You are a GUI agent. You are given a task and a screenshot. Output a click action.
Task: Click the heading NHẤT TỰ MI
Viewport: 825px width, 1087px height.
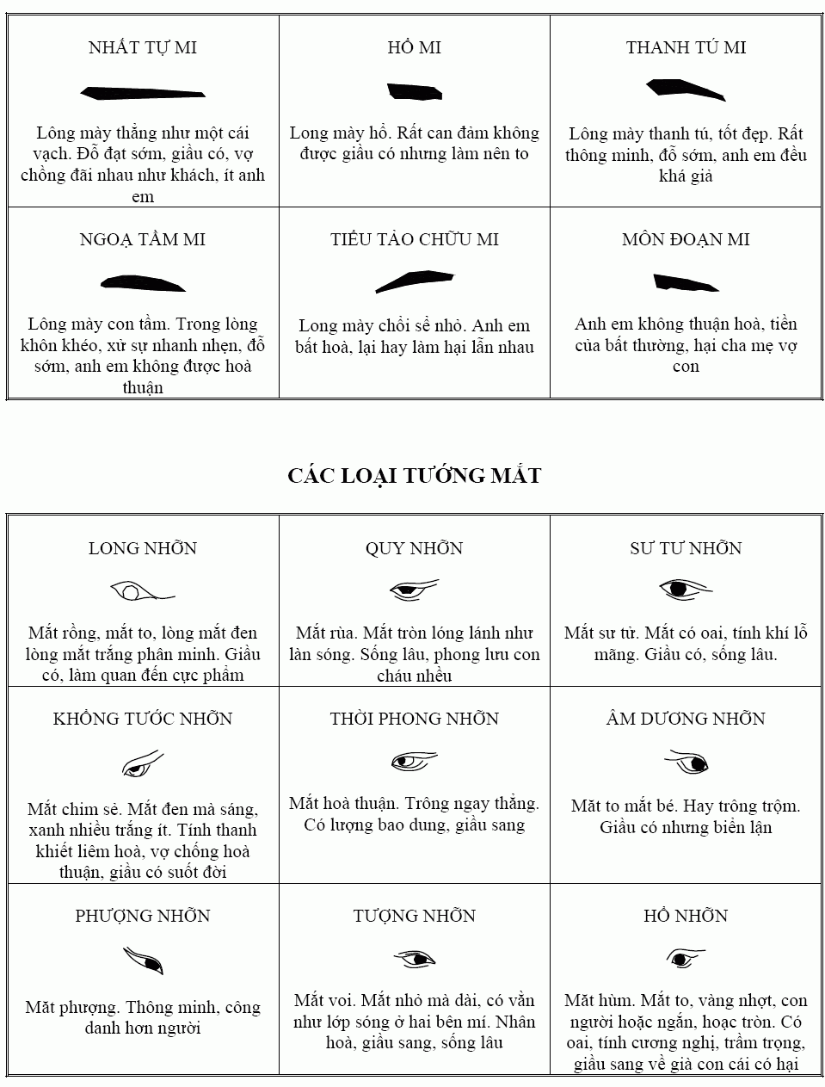pos(143,48)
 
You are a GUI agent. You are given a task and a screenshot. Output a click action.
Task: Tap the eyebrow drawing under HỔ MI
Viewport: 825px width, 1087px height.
pos(414,91)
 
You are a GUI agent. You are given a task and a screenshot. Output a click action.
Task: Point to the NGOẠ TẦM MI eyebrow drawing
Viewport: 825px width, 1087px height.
pos(143,283)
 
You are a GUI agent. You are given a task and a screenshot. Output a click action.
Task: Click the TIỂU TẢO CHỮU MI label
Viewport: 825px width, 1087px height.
pos(414,240)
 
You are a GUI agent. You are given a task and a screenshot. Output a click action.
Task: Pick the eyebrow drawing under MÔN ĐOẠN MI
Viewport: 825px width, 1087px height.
pos(685,282)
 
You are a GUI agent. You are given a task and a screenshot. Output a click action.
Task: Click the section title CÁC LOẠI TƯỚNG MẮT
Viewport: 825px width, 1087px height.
pos(414,476)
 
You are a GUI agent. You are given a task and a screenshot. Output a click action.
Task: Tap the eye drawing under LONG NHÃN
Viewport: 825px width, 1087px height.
pos(141,592)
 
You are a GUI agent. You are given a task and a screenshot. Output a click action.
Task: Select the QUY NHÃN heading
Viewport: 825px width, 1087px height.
pos(414,549)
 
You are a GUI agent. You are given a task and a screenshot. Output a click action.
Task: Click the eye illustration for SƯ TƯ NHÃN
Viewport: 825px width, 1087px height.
pos(685,590)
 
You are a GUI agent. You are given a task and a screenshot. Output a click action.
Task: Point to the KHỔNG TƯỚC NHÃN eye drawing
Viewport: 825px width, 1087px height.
pos(142,764)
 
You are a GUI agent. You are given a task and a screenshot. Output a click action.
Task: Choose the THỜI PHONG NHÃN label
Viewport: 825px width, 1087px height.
pos(414,720)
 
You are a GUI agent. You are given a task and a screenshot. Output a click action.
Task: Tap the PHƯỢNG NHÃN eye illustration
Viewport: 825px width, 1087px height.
pos(143,960)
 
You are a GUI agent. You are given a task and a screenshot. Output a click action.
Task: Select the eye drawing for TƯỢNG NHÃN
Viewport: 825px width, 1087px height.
pos(415,959)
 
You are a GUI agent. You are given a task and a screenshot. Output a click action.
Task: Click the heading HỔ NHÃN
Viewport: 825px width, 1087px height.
pos(685,917)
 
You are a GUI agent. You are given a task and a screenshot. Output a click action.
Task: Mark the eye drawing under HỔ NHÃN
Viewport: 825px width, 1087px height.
pos(684,958)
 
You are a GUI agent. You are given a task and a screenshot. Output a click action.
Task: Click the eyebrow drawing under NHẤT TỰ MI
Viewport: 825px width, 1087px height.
pos(142,92)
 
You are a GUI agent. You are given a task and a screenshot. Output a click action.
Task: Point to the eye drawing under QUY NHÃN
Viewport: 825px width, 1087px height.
pos(413,590)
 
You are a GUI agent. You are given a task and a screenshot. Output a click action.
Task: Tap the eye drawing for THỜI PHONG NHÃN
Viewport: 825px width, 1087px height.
pos(414,762)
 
